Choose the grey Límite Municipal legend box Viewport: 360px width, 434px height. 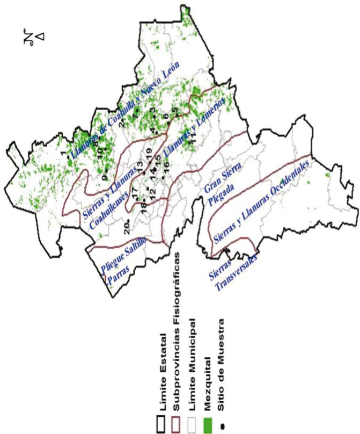click(x=190, y=409)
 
